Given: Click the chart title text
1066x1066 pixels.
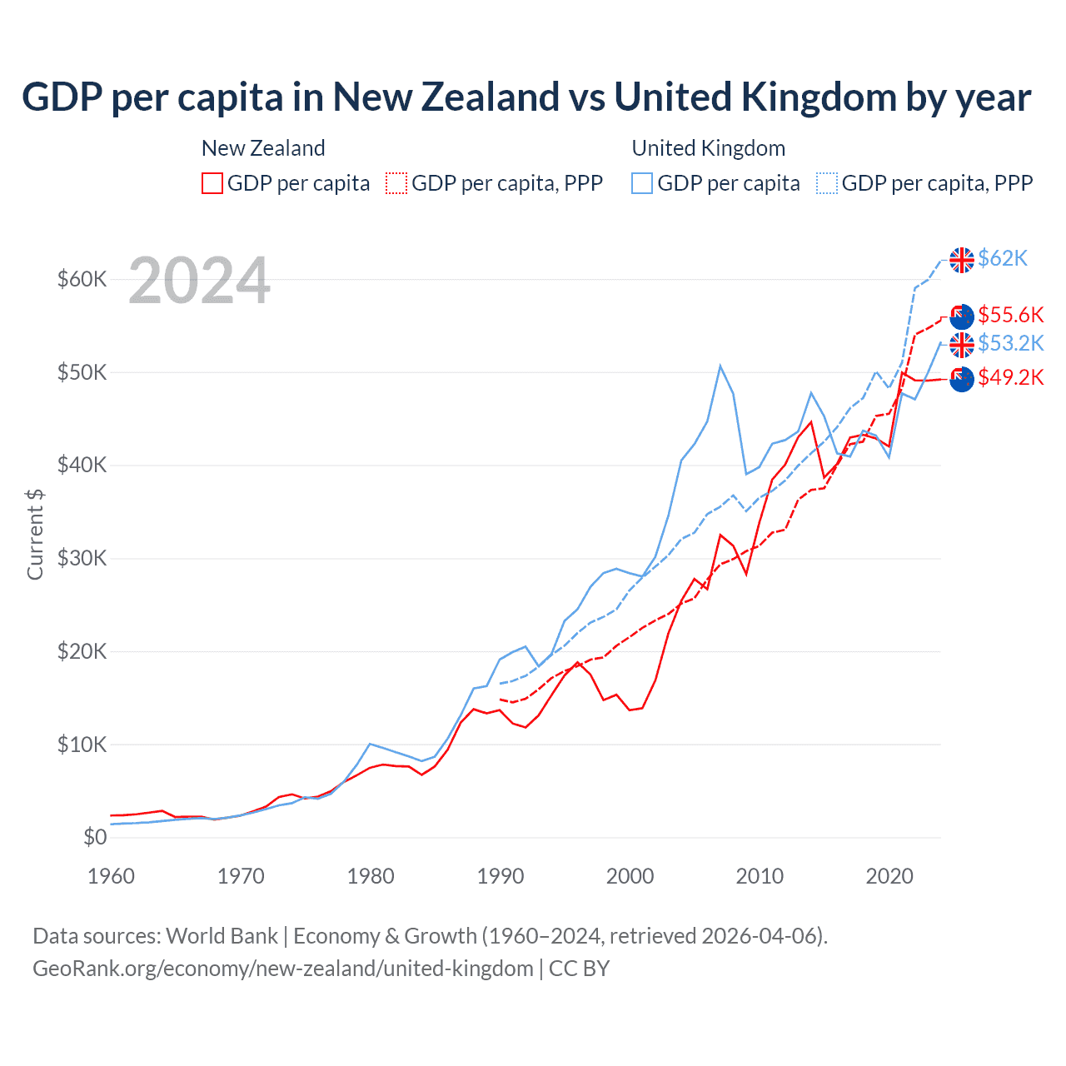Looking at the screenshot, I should pos(526,97).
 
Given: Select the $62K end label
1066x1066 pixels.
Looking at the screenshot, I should pos(1003,258).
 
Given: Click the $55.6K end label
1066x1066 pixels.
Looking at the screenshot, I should pos(1010,315).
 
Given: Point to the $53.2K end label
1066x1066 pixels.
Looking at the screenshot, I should pos(1010,343).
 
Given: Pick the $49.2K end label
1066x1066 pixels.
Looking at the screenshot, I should pos(1010,377).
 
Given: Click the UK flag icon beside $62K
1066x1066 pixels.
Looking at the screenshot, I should pos(962,260).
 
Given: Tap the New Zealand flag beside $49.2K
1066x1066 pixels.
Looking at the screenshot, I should pos(962,379).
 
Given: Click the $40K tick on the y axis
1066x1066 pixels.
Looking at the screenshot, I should pos(82,465).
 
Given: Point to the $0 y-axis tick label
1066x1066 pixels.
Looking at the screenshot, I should pos(95,837).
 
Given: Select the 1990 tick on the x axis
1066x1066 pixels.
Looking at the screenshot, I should pos(501,876).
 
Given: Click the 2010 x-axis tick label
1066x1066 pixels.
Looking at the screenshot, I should pos(760,876).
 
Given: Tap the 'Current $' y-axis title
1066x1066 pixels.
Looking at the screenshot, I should pos(35,534).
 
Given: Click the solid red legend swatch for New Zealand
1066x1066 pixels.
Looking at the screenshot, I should pos(212,183).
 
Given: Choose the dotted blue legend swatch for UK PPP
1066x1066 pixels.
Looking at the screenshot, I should pos(827,183).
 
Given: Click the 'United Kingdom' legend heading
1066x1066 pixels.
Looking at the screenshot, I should pos(708,148).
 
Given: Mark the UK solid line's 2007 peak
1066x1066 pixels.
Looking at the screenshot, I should pos(720,366).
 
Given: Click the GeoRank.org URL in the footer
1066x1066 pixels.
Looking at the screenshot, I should pos(282,969).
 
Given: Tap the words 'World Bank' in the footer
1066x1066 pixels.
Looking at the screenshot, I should pos(222,936).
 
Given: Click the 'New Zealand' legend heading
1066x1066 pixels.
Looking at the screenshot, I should pos(263,148).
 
